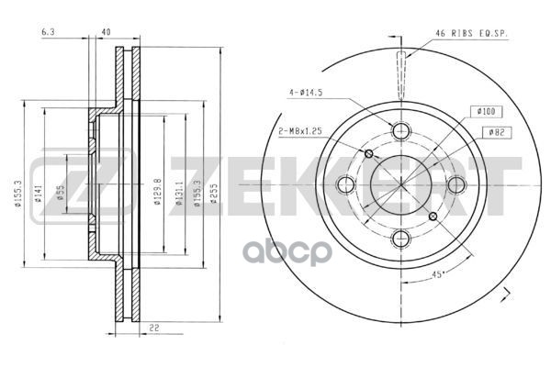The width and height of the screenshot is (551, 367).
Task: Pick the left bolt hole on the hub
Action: pyautogui.click(x=346, y=185)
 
